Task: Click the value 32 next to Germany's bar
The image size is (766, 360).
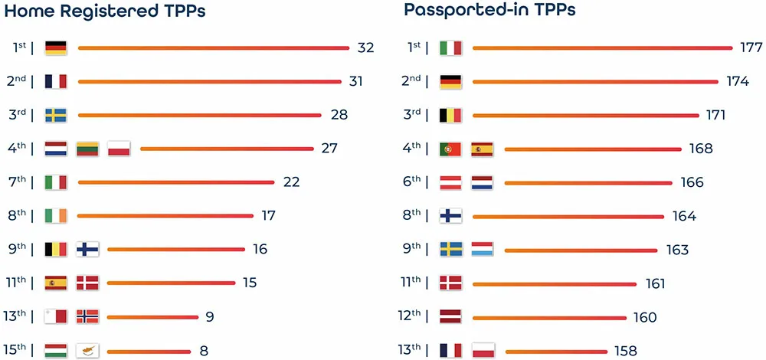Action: [365, 47]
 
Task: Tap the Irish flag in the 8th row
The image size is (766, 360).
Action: [56, 216]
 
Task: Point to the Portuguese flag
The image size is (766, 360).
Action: [450, 149]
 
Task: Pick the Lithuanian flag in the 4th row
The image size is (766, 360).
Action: [87, 149]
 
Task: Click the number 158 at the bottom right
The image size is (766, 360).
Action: [625, 351]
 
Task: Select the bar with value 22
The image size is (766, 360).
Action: [176, 182]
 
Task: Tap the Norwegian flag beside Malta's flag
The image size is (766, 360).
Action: [87, 316]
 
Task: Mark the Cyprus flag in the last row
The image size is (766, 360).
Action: [87, 351]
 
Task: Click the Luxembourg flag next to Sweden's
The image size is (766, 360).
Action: [482, 250]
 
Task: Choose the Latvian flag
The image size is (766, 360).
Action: [450, 316]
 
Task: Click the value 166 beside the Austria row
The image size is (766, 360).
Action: [692, 182]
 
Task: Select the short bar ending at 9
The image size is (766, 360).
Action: [153, 316]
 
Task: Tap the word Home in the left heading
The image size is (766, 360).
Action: [31, 11]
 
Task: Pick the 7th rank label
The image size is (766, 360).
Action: [19, 182]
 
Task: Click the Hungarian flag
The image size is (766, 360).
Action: [56, 351]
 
